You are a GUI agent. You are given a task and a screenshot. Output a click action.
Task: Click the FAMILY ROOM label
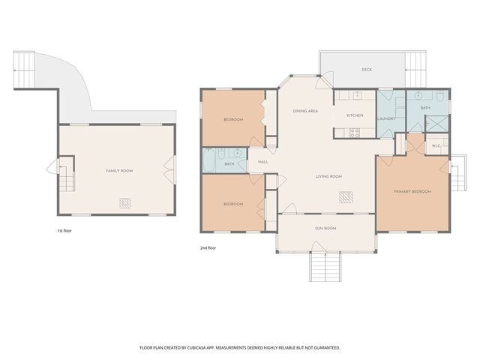[118, 171]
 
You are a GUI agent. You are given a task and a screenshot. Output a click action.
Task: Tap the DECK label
[366, 70]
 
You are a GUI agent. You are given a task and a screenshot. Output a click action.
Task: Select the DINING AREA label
[305, 111]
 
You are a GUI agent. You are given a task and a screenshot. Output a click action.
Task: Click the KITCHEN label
[355, 115]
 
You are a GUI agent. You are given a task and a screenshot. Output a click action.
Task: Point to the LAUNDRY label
[386, 118]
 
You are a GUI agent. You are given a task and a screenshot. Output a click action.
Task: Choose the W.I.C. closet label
[436, 145]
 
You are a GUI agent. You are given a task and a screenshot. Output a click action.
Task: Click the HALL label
[262, 161]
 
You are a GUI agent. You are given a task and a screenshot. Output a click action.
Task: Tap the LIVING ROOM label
[328, 176]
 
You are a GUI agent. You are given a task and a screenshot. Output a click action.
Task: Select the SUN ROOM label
[325, 227]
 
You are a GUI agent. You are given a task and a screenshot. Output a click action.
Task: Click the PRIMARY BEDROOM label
[412, 192]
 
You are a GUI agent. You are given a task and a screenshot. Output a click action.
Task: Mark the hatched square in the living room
[346, 197]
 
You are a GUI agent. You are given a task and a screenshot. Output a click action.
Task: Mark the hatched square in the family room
[126, 202]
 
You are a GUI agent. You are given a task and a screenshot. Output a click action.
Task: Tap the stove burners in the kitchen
[355, 133]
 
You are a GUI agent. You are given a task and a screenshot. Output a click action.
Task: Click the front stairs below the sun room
[325, 265]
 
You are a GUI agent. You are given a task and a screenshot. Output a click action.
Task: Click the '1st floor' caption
[65, 230]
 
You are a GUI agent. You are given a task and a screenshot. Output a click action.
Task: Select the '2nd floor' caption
[208, 247]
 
